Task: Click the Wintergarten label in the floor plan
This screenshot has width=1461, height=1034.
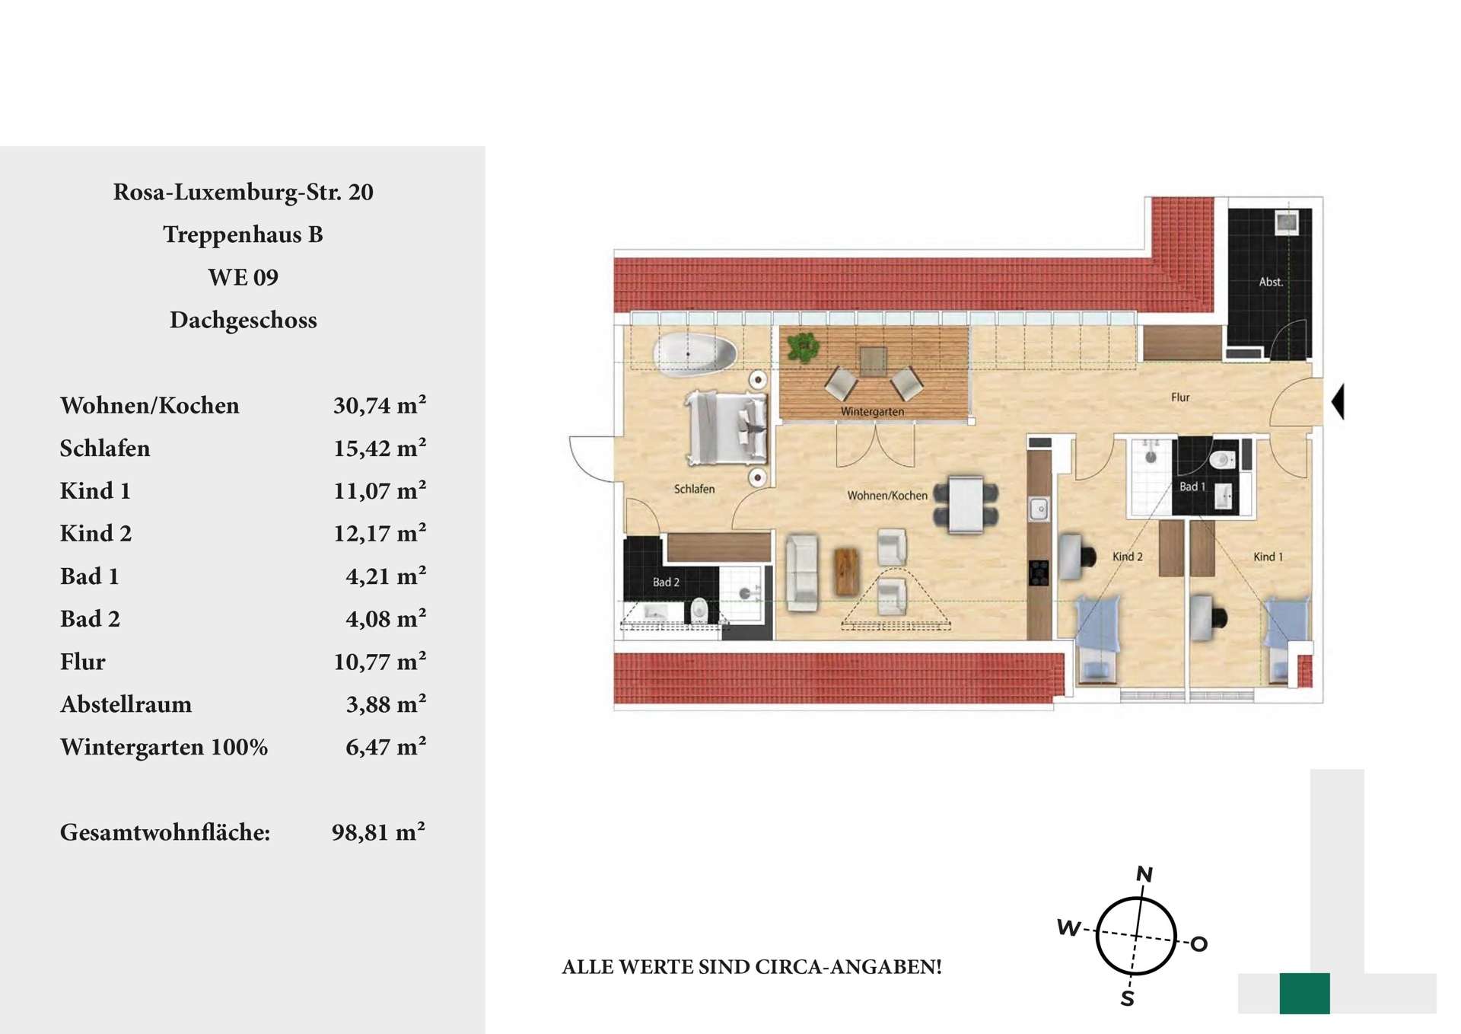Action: tap(872, 411)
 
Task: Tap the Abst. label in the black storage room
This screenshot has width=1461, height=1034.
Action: tap(1271, 282)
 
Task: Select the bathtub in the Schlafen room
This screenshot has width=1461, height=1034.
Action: tap(695, 354)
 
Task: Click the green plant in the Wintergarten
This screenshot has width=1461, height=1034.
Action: tap(803, 346)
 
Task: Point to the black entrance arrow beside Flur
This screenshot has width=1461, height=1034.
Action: tap(1338, 401)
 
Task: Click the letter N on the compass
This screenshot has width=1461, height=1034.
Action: tap(1144, 873)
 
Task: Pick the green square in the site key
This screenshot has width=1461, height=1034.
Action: tap(1304, 993)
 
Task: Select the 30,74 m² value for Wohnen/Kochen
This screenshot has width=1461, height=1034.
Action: tap(380, 405)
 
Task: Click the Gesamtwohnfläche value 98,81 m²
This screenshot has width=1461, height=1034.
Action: tap(378, 831)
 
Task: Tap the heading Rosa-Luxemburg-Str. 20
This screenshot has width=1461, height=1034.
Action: tap(243, 192)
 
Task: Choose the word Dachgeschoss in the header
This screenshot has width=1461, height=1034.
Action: tap(243, 320)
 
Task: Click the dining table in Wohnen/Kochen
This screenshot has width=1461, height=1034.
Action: tap(966, 503)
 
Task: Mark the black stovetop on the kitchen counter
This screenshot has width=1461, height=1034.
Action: tap(1039, 572)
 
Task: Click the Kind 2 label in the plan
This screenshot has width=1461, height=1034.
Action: tap(1128, 557)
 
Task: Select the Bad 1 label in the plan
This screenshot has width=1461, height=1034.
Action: tap(1192, 487)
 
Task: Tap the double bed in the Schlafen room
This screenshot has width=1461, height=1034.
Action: tap(727, 427)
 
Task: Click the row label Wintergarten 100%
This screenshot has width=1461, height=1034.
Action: tap(164, 747)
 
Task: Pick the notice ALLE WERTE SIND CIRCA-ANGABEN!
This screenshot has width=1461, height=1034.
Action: tap(752, 967)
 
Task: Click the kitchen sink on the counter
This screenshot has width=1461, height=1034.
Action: tap(1039, 509)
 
